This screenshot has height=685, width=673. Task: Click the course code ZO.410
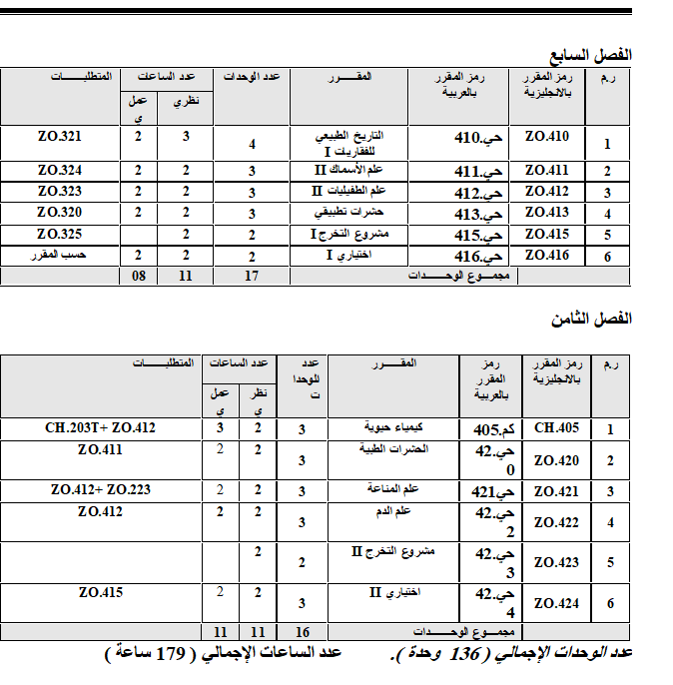point(546,137)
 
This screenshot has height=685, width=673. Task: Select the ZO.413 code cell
point(546,212)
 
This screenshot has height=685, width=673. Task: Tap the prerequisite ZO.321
point(59,137)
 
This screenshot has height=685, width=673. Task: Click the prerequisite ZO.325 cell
point(59,235)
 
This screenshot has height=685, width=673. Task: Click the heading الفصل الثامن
point(592,319)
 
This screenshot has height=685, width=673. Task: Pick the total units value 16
point(303,632)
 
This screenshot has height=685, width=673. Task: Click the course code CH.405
point(557,428)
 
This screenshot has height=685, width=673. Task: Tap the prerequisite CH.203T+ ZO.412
point(101,428)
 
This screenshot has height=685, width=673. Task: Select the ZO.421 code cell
point(557,491)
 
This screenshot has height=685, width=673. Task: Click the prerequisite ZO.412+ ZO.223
point(101,490)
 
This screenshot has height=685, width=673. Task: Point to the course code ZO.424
point(557,603)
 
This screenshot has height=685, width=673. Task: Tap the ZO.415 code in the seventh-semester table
point(546,235)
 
